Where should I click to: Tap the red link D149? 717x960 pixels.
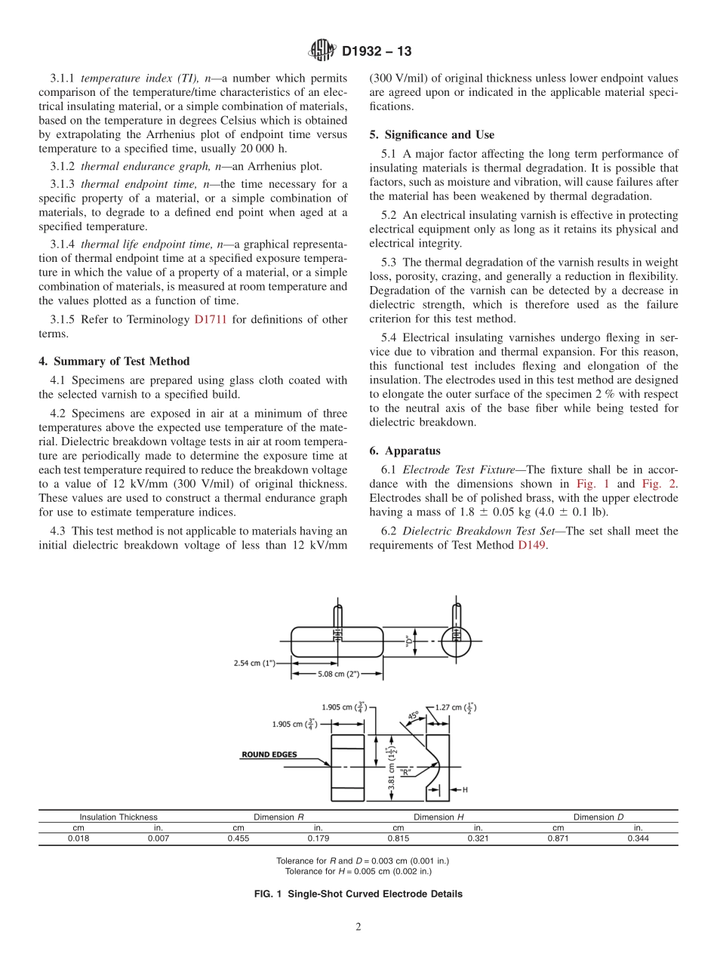pyautogui.click(x=532, y=545)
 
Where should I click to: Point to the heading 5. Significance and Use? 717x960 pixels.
pyautogui.click(x=432, y=135)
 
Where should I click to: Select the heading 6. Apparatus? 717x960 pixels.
pyautogui.click(x=405, y=451)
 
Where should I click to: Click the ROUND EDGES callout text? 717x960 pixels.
pyautogui.click(x=269, y=754)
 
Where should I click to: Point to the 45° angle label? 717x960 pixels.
pyautogui.click(x=414, y=714)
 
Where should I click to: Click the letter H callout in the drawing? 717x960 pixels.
pyautogui.click(x=464, y=789)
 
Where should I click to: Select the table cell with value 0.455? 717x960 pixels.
pyautogui.click(x=238, y=838)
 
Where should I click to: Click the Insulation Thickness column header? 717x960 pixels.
pyautogui.click(x=118, y=817)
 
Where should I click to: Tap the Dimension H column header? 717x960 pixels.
pyautogui.click(x=439, y=817)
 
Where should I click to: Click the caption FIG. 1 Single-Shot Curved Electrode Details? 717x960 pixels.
pyautogui.click(x=358, y=894)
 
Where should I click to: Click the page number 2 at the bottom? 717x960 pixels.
pyautogui.click(x=358, y=928)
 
